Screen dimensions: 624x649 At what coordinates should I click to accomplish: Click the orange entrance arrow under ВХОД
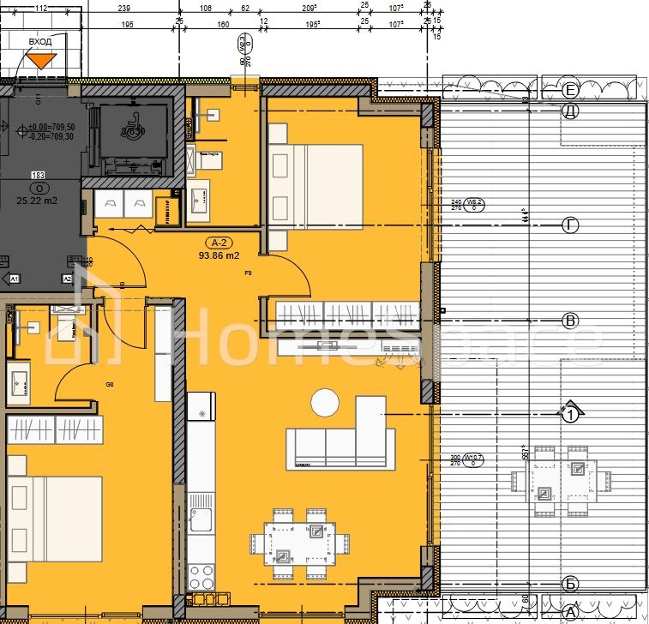(x=40, y=60)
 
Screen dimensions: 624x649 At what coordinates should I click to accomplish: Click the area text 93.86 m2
(x=219, y=255)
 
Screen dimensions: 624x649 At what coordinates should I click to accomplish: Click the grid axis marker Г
(x=570, y=225)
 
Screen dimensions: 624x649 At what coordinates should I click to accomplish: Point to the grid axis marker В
(x=570, y=321)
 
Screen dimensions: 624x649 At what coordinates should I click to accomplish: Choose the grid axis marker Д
(x=570, y=111)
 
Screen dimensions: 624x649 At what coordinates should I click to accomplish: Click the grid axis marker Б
(x=570, y=584)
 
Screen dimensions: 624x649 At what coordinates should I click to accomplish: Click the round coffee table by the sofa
(x=325, y=401)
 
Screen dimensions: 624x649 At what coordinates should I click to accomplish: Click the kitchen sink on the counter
(x=201, y=519)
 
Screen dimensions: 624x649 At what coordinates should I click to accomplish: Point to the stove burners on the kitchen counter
(x=201, y=572)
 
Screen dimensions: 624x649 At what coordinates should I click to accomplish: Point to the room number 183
(x=38, y=176)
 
